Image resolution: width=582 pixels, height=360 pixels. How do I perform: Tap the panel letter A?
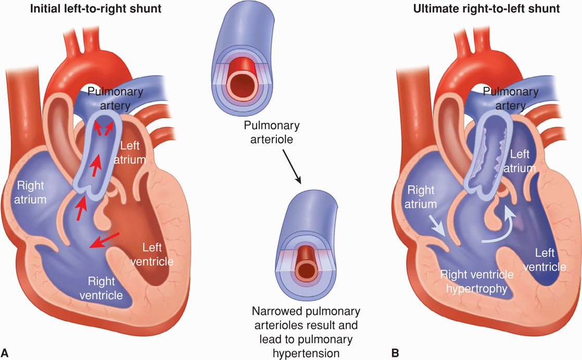[6, 353]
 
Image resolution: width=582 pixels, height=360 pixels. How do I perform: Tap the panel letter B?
[395, 353]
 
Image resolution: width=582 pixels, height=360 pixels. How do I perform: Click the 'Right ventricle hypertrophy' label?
[477, 281]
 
